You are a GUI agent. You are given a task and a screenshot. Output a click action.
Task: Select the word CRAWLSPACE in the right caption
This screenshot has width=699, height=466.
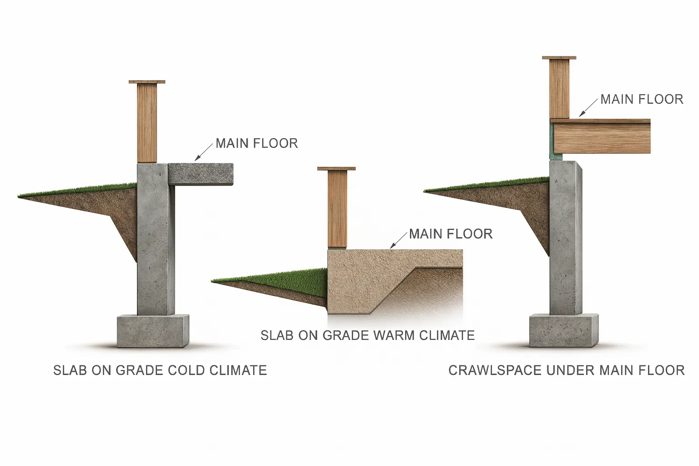point(495,370)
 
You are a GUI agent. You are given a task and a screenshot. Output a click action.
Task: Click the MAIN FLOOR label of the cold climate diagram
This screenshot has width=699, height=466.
point(257,143)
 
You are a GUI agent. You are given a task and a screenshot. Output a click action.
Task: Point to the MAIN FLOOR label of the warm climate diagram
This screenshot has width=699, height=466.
point(451,234)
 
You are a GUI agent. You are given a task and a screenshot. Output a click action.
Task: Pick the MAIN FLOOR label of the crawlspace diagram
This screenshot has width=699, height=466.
point(642,100)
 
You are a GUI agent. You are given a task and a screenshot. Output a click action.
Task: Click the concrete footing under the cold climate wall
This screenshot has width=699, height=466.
point(152,331)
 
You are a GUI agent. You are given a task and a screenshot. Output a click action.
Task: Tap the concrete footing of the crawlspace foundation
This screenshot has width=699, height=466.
point(563,330)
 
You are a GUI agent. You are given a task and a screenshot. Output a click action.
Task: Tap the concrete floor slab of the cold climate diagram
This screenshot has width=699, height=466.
point(201,174)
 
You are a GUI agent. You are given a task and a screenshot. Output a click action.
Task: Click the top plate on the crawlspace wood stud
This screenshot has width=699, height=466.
point(559,58)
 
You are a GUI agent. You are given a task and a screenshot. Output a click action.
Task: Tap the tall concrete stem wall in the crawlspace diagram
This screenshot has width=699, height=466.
point(565,237)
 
